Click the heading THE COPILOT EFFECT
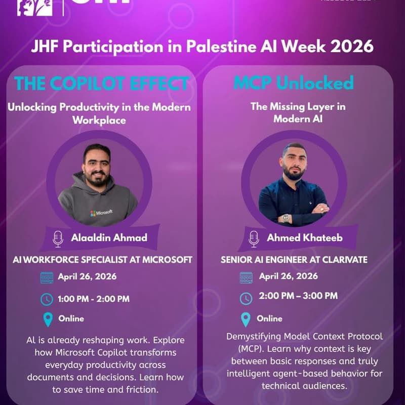pyautogui.click(x=102, y=83)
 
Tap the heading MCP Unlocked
pyautogui.click(x=294, y=83)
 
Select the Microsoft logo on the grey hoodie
pyautogui.click(x=101, y=213)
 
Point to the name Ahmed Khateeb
pyautogui.click(x=299, y=238)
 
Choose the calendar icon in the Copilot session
pyautogui.click(x=47, y=277)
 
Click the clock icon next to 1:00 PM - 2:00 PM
pyautogui.click(x=47, y=299)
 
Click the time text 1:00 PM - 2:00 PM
pyautogui.click(x=93, y=299)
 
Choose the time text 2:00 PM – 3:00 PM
pyautogui.click(x=298, y=296)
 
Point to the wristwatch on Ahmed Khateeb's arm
pyautogui.click(x=286, y=218)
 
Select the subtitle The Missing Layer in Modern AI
pyautogui.click(x=298, y=112)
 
